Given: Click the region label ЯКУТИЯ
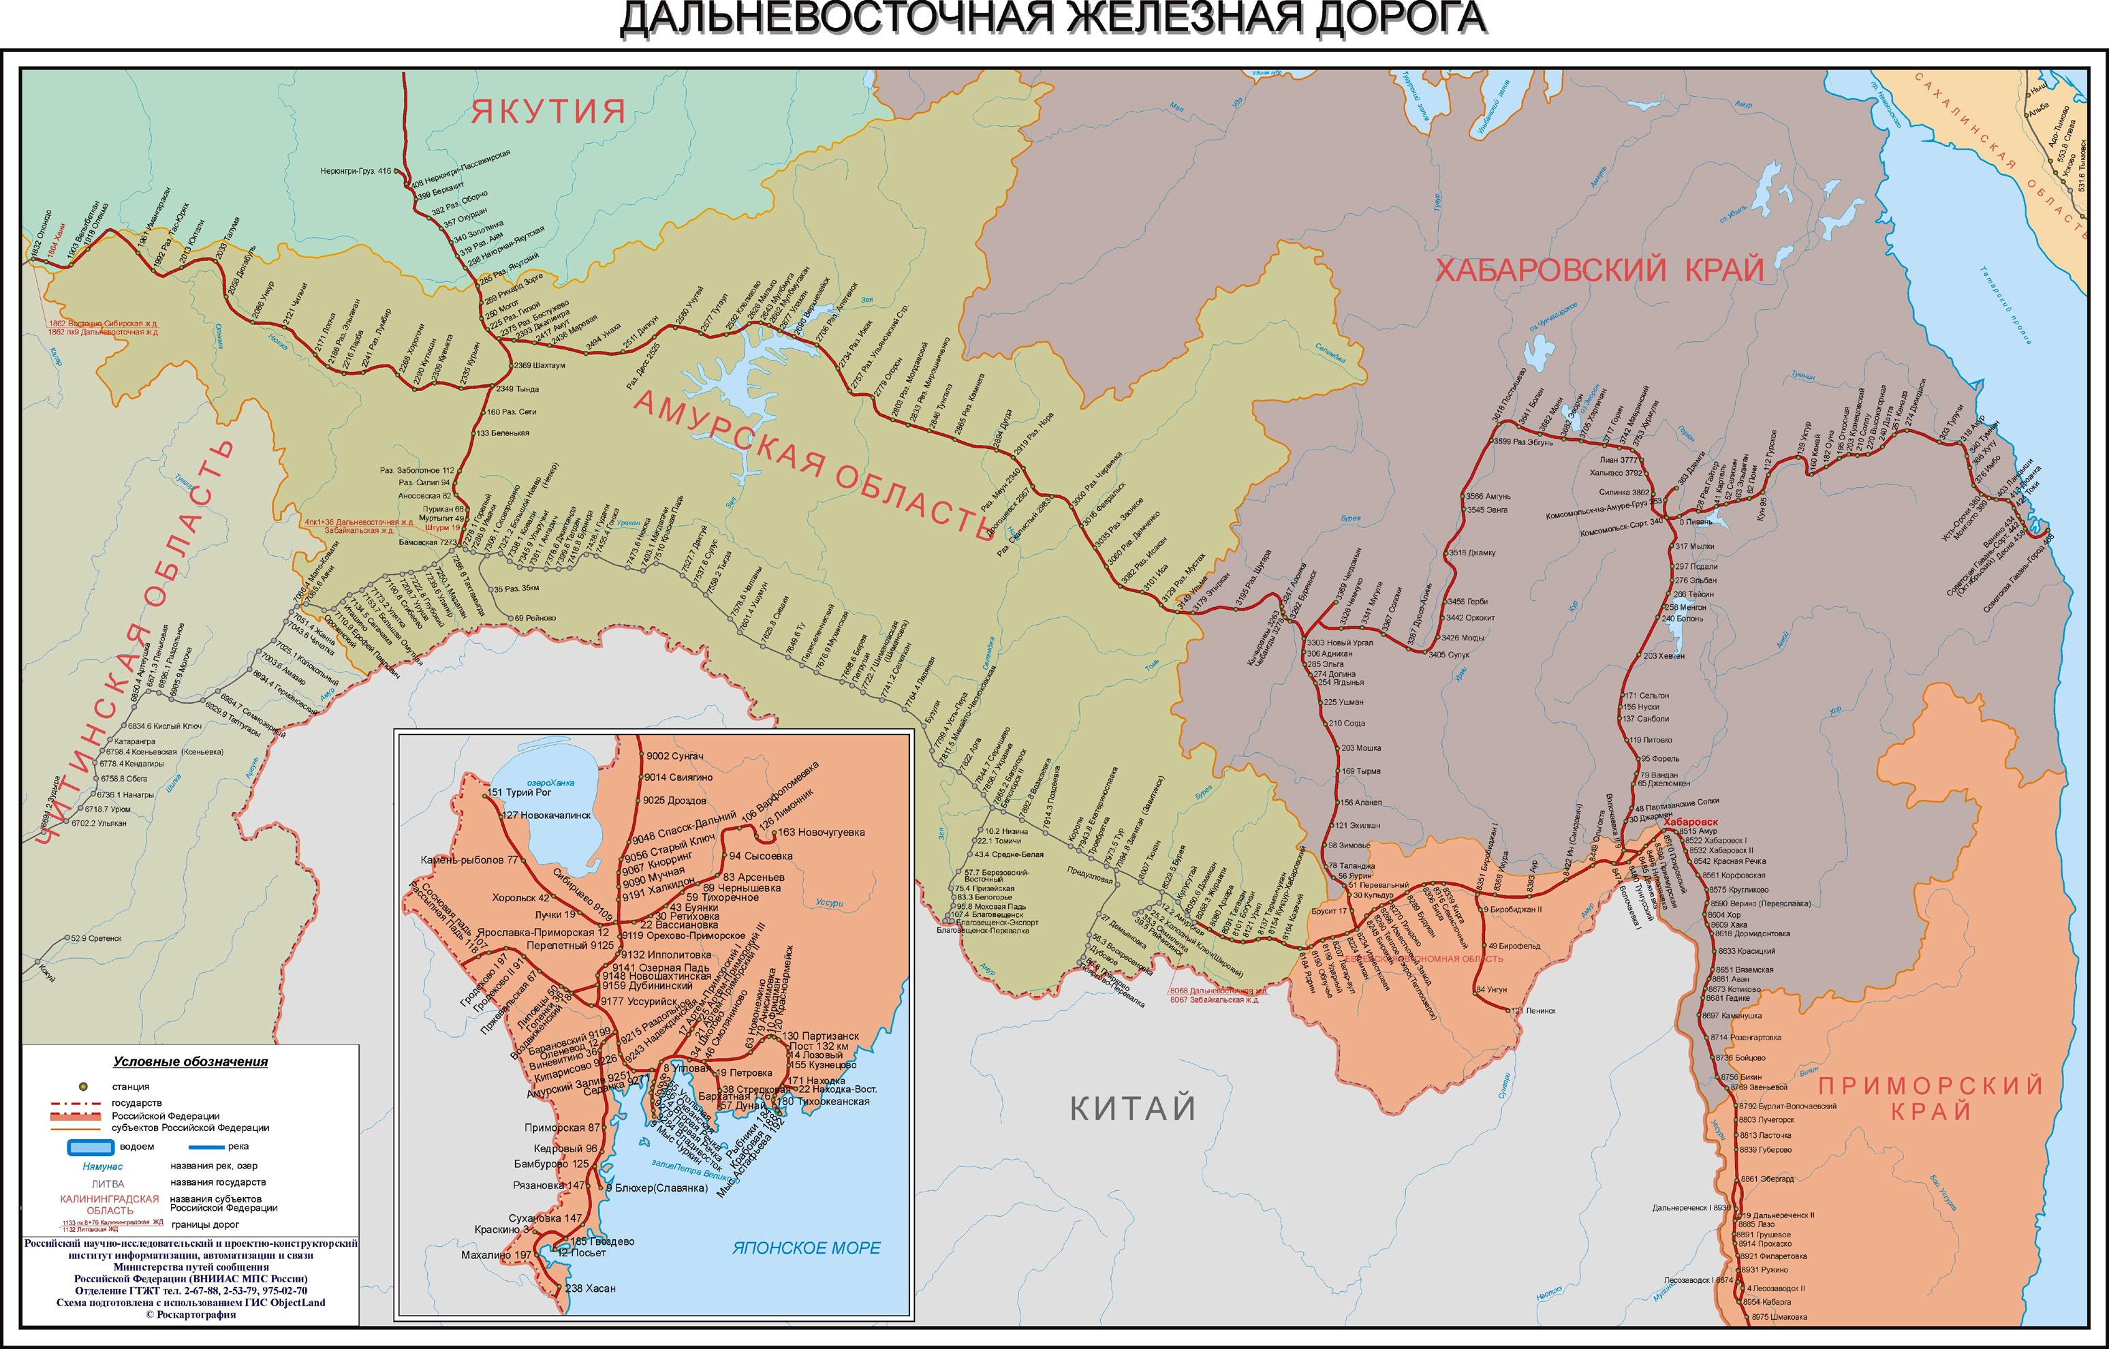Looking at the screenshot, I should pyautogui.click(x=549, y=112).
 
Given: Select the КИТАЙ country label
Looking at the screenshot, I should pyautogui.click(x=1132, y=1108).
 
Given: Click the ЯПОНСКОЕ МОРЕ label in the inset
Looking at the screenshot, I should pyautogui.click(x=807, y=1248).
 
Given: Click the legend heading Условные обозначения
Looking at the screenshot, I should pyautogui.click(x=190, y=1061).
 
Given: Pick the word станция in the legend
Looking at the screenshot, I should pyautogui.click(x=131, y=1086).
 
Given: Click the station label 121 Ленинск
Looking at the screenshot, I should pyautogui.click(x=1531, y=1010).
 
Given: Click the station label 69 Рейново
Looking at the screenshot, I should pyautogui.click(x=534, y=617).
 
